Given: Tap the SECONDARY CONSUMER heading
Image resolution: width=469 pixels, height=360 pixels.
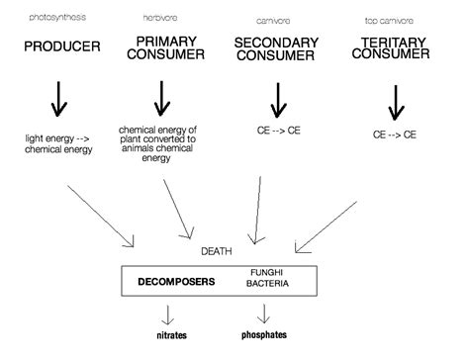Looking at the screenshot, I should coord(278,46).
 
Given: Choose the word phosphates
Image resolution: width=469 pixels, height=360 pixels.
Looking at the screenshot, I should coord(264,335).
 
